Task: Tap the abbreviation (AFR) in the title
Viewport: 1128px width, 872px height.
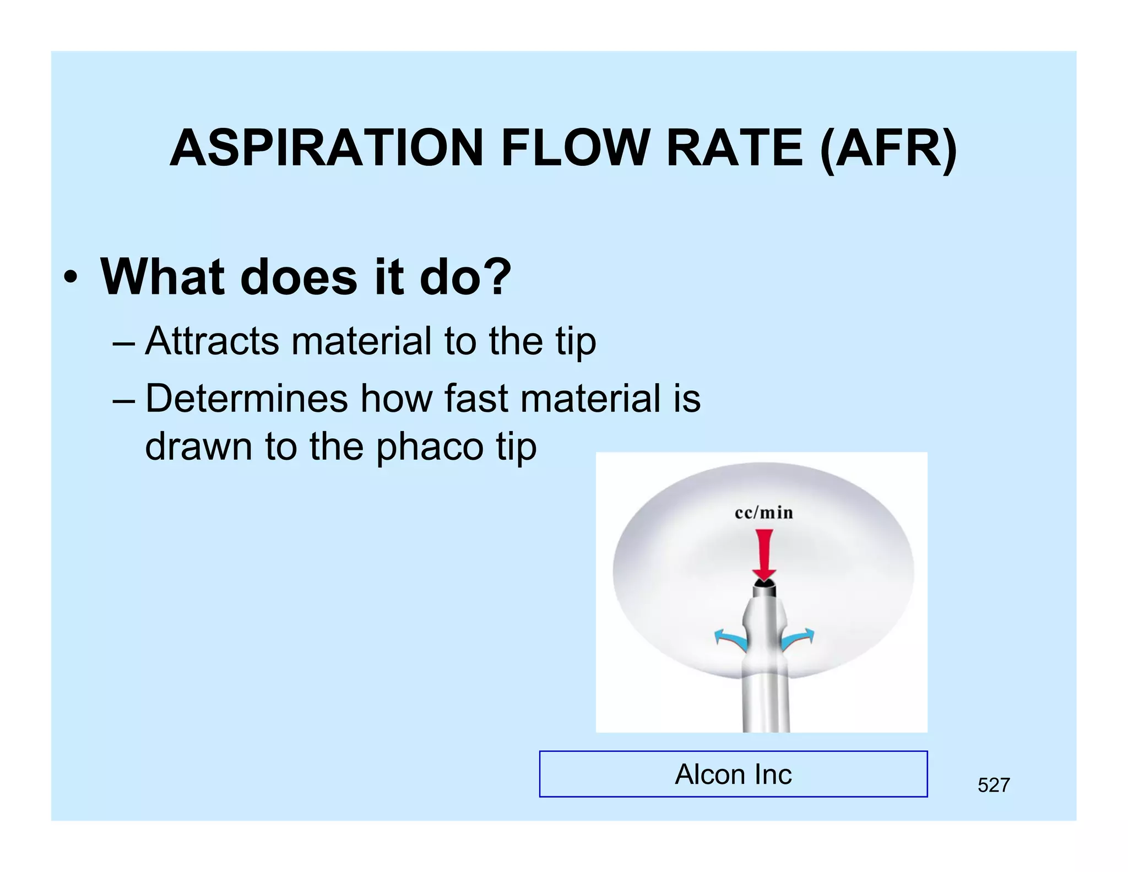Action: pyautogui.click(x=888, y=149)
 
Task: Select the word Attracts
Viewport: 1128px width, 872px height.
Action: pyautogui.click(x=212, y=341)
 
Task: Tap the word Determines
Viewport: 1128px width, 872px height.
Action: pyautogui.click(x=246, y=399)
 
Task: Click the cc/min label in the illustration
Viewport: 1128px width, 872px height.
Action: pyautogui.click(x=764, y=513)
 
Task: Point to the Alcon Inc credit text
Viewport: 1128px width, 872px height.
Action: pyautogui.click(x=733, y=774)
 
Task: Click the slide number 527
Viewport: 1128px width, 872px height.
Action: pyautogui.click(x=994, y=785)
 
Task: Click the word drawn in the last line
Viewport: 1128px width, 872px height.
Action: pyautogui.click(x=199, y=446)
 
